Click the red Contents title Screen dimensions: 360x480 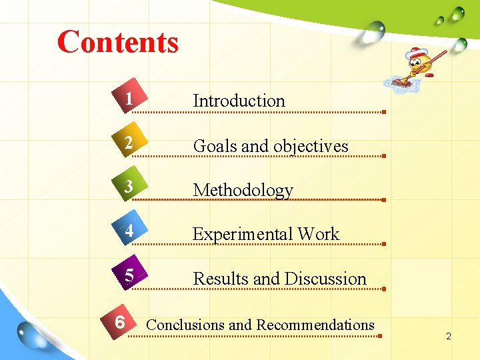point(118,41)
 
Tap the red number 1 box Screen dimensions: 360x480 point(128,99)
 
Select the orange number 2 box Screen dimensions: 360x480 point(128,144)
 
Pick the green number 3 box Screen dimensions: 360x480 point(128,188)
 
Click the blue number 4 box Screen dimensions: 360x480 point(129,232)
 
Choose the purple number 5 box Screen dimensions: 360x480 point(129,275)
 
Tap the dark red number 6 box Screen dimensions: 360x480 point(119,322)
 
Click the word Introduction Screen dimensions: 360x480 point(239,101)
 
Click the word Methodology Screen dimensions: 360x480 point(243,190)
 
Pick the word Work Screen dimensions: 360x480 point(319,234)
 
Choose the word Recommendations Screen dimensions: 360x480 point(315,325)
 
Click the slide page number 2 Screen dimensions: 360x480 point(449,336)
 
